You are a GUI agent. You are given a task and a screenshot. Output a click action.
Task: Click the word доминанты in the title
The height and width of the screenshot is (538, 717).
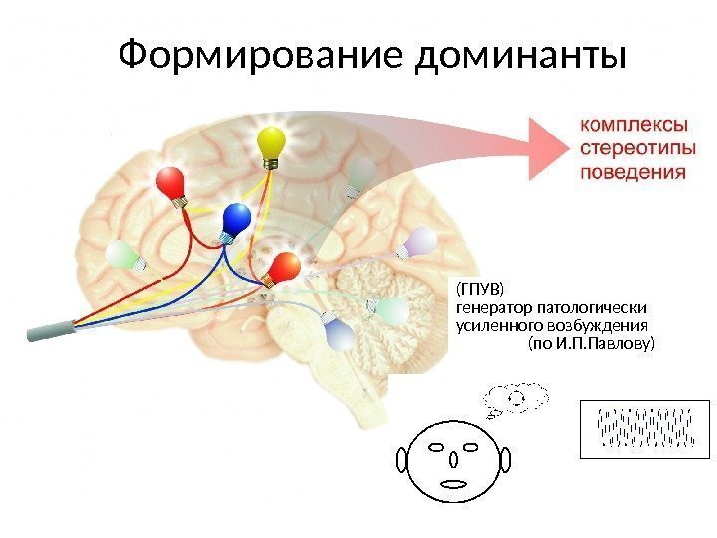tap(522, 56)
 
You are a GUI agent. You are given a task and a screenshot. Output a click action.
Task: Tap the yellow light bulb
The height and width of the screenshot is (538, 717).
tap(271, 145)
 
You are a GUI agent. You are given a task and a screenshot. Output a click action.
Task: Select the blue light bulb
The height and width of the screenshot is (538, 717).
tap(236, 219)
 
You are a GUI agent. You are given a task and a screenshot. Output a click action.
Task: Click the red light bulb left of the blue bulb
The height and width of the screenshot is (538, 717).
tap(171, 184)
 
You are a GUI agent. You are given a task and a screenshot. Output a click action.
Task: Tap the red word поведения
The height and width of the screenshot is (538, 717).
tap(632, 171)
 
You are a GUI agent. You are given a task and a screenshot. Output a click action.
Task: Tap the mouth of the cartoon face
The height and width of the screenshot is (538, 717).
tap(454, 484)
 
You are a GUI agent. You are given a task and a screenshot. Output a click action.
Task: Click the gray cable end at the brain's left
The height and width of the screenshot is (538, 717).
tap(45, 331)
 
